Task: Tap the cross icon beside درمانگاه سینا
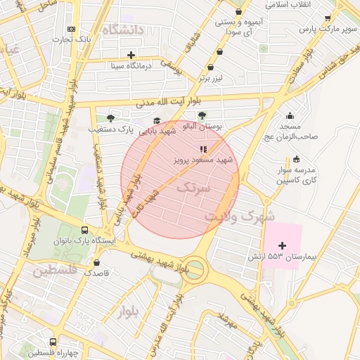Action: [131, 55]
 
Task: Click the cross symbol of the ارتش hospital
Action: [283, 245]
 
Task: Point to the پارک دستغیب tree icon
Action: [110, 117]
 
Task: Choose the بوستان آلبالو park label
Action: [202, 127]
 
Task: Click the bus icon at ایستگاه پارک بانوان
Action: [85, 229]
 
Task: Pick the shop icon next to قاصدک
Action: [96, 262]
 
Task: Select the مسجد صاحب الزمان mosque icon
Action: [290, 115]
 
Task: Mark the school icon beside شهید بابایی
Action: [156, 120]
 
